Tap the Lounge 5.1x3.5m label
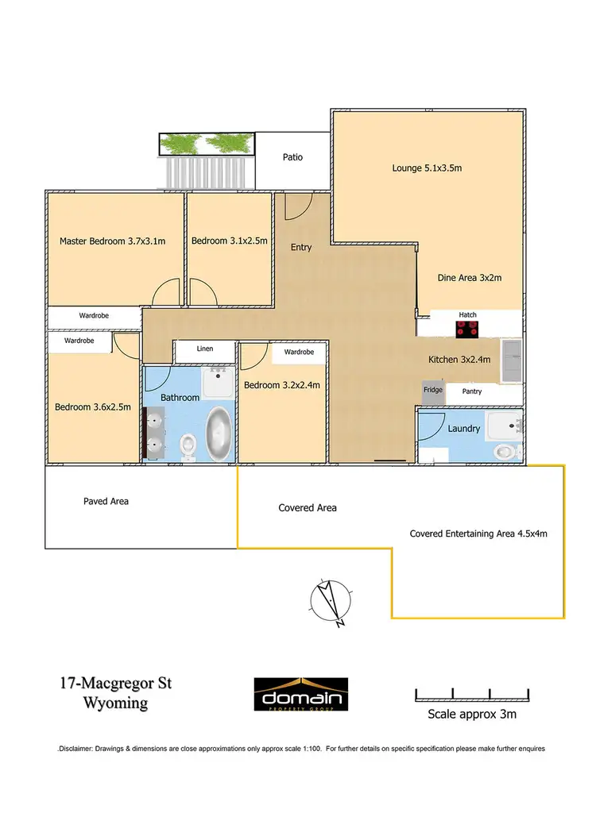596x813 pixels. (427, 168)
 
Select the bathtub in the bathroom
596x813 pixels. (218, 434)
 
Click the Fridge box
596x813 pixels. (433, 391)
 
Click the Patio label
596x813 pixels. (292, 157)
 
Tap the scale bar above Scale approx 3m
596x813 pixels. (471, 695)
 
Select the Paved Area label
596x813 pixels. (106, 501)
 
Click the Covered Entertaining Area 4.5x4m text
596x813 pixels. (478, 534)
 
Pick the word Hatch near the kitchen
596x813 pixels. (468, 315)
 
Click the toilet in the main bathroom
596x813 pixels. (188, 445)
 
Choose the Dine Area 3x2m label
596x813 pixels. (470, 278)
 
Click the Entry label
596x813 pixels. (301, 247)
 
